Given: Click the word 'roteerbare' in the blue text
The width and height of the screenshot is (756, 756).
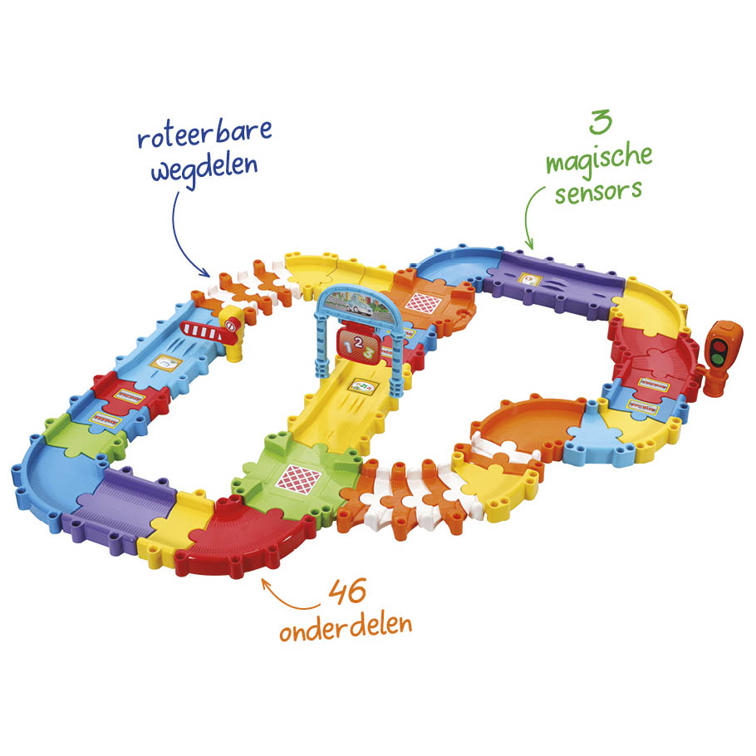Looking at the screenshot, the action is (x=205, y=133).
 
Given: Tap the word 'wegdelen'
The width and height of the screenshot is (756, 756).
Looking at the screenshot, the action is (x=204, y=169).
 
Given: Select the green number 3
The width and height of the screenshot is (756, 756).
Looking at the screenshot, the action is (x=601, y=122).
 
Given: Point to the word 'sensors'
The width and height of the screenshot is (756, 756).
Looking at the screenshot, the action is (x=598, y=192).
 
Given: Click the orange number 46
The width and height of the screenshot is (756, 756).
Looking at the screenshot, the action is (x=347, y=592).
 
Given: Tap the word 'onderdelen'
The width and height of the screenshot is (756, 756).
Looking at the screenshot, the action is (x=346, y=626).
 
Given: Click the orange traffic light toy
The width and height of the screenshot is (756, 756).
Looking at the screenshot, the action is (x=721, y=356).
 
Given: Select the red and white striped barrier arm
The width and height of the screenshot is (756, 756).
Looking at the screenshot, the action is (x=203, y=331).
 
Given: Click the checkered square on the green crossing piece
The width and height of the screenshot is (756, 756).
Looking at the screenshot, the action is (x=299, y=479).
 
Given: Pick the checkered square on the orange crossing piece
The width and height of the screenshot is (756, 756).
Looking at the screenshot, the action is (x=423, y=303).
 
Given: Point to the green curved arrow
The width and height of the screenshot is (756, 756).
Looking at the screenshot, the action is (x=533, y=214).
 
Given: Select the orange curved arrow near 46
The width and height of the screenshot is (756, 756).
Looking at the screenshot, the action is (x=287, y=599).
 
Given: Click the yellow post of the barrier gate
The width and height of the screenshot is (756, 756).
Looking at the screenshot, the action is (x=234, y=335).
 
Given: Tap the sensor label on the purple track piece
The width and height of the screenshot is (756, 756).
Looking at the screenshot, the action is (x=529, y=279).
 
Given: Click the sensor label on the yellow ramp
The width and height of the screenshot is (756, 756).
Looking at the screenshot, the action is (x=363, y=385).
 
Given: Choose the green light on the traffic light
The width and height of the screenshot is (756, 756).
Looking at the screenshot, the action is (x=718, y=358).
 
